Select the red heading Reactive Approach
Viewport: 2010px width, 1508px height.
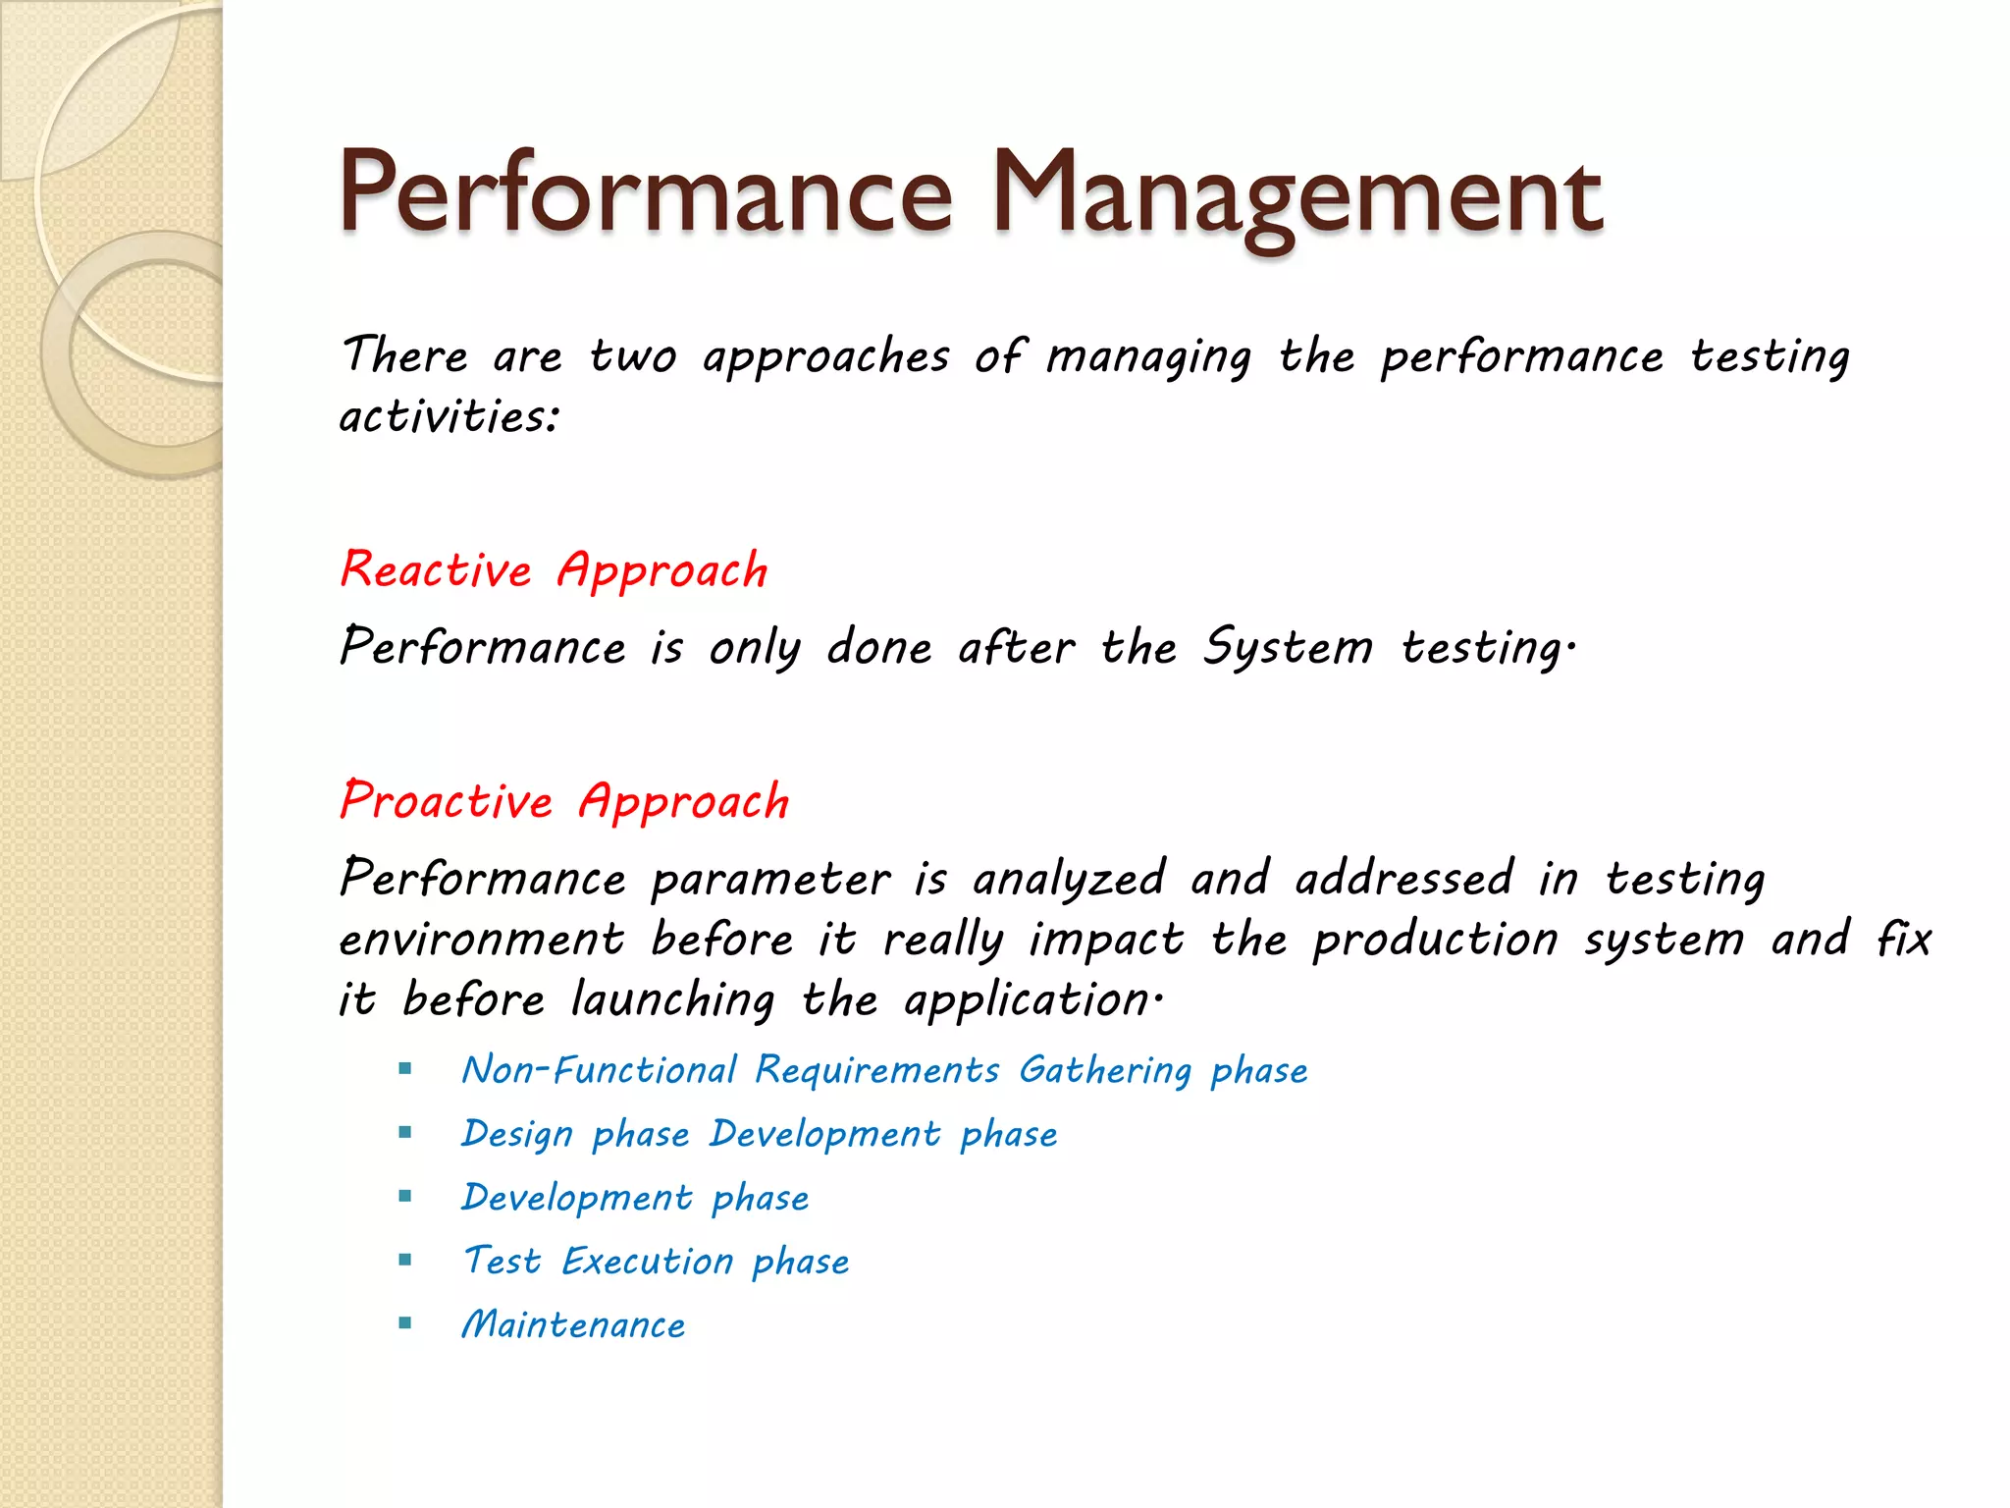click(x=554, y=570)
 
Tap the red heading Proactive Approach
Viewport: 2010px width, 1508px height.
click(x=564, y=801)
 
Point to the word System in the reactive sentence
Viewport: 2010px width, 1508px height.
click(x=1288, y=647)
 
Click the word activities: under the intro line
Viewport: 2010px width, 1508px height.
click(x=450, y=416)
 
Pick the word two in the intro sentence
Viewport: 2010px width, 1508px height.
click(x=633, y=355)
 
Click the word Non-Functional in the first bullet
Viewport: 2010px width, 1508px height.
click(x=600, y=1070)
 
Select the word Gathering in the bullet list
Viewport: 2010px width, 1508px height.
click(x=1105, y=1070)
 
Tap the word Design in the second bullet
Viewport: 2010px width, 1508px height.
click(x=517, y=1135)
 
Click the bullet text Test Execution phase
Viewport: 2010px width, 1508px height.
click(x=656, y=1262)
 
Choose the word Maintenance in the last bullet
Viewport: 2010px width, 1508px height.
click(x=573, y=1325)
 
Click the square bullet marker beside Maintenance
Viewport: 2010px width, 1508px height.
click(x=405, y=1323)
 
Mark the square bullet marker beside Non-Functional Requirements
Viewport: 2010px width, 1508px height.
click(x=405, y=1069)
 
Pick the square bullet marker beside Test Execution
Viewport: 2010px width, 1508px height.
click(x=405, y=1260)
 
